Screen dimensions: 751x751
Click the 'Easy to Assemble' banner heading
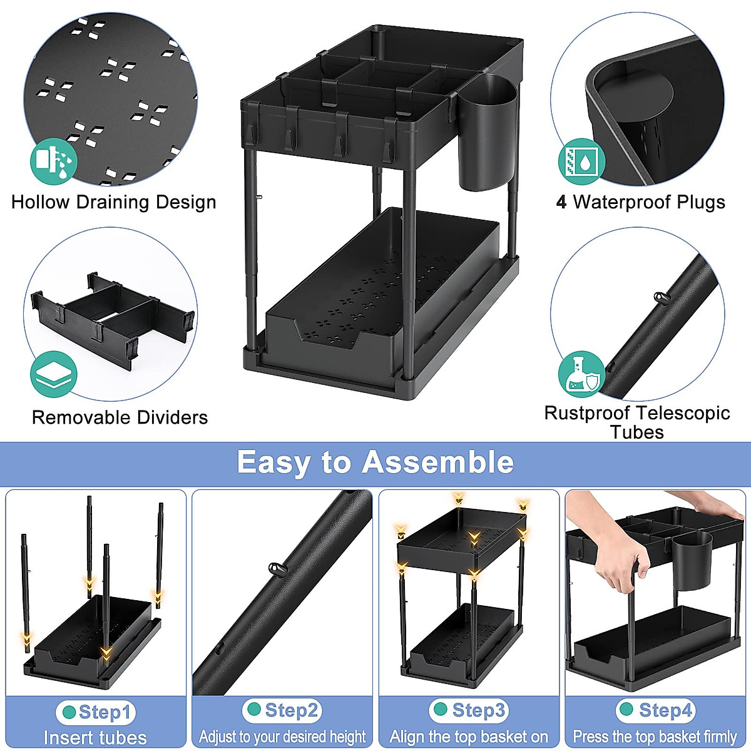[375, 463]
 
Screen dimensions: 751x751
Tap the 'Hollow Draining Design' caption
[114, 202]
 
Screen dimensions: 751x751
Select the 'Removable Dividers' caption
[120, 417]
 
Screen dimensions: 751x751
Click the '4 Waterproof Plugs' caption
[640, 202]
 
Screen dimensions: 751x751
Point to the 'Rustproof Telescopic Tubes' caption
[637, 422]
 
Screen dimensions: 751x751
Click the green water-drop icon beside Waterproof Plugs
[582, 161]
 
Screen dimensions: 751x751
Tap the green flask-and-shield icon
[582, 374]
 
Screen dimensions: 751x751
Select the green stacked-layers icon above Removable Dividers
[54, 374]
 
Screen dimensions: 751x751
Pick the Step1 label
[96, 712]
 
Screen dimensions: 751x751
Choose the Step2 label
[282, 710]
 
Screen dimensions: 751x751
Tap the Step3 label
[469, 710]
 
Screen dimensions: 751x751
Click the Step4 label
[656, 710]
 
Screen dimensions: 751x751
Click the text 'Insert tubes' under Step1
[96, 738]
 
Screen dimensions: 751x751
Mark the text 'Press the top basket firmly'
[655, 737]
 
